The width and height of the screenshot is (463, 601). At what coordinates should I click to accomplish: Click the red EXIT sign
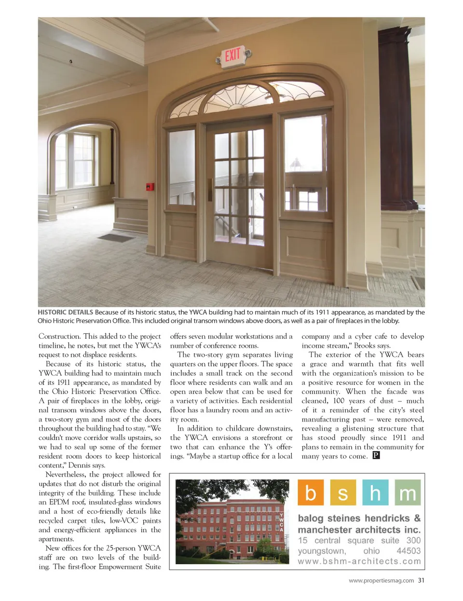pos(232,55)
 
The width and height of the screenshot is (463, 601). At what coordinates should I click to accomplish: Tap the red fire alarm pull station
pos(150,187)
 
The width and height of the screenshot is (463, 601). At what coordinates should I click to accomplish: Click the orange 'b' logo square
pos(311,492)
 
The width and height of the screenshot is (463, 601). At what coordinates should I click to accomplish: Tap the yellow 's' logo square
pos(343,492)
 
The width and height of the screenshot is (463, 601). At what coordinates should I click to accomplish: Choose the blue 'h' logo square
pos(375,492)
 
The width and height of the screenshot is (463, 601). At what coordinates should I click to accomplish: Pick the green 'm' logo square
pos(408,492)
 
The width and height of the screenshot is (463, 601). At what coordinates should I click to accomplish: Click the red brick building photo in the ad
pos(232,521)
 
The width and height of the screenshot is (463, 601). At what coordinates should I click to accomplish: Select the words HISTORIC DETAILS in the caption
pos(65,312)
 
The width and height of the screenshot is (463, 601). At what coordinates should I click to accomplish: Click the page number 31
pos(421,580)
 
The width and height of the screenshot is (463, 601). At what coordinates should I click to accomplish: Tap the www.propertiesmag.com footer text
pos(381,581)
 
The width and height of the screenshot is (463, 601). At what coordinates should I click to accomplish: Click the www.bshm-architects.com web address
pos(359,561)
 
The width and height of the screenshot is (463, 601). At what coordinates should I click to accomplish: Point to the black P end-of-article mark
pos(376,455)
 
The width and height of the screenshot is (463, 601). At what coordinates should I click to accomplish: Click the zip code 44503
pos(408,551)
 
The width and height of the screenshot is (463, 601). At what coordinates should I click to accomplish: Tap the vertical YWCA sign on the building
pos(282,522)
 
